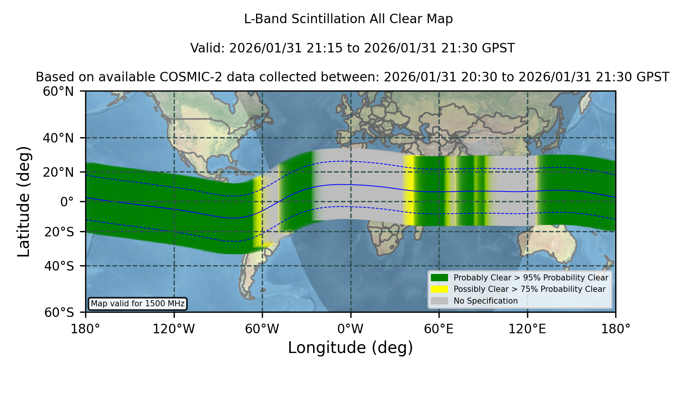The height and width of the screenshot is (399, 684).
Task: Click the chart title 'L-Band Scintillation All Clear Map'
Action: click(x=348, y=19)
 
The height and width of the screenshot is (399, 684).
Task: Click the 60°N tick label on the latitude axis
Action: click(x=58, y=92)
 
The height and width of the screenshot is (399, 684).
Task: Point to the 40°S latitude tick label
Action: click(x=59, y=266)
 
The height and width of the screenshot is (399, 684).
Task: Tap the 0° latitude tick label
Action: click(x=67, y=202)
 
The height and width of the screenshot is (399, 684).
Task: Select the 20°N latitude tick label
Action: click(x=58, y=172)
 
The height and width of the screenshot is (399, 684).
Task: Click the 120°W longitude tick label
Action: click(x=174, y=329)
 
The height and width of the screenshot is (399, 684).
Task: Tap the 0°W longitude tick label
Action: click(x=350, y=329)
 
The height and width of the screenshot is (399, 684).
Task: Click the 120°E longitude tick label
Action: click(x=527, y=329)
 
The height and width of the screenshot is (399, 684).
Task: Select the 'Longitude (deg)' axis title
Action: click(x=350, y=348)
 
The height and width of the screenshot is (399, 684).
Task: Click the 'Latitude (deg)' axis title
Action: click(x=24, y=201)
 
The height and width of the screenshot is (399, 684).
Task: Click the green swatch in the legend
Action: click(x=439, y=278)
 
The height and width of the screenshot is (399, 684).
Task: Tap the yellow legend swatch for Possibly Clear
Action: click(x=439, y=289)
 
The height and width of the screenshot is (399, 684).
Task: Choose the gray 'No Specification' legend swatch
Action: click(x=439, y=301)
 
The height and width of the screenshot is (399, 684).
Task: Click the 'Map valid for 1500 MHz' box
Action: click(x=138, y=304)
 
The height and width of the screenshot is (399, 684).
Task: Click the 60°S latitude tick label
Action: click(x=59, y=312)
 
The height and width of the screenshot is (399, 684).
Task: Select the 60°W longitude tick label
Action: click(x=262, y=329)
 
